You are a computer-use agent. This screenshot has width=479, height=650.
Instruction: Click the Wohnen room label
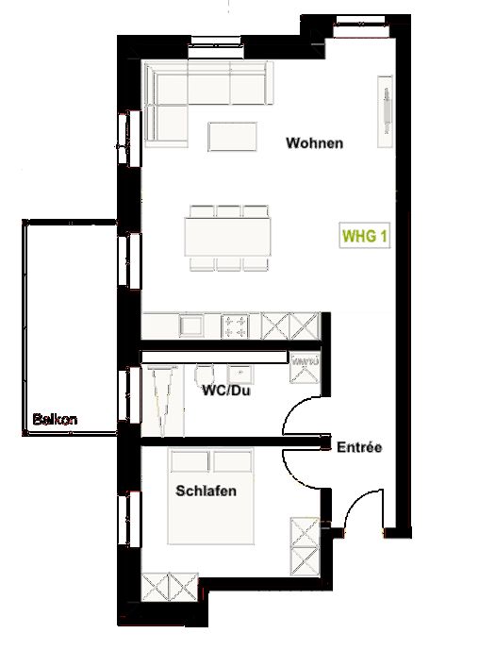click(313, 144)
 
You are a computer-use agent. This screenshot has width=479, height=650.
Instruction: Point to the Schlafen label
click(206, 492)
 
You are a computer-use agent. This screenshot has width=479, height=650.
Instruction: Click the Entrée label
click(359, 447)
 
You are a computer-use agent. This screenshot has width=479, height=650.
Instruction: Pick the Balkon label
click(55, 419)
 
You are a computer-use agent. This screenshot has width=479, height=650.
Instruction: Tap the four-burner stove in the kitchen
click(237, 326)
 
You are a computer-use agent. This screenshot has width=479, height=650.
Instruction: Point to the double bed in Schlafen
click(213, 498)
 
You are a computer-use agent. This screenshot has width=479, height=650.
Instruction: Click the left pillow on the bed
click(190, 461)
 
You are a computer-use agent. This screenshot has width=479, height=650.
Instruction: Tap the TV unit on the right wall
click(386, 103)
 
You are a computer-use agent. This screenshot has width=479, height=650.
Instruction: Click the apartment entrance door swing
click(363, 514)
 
